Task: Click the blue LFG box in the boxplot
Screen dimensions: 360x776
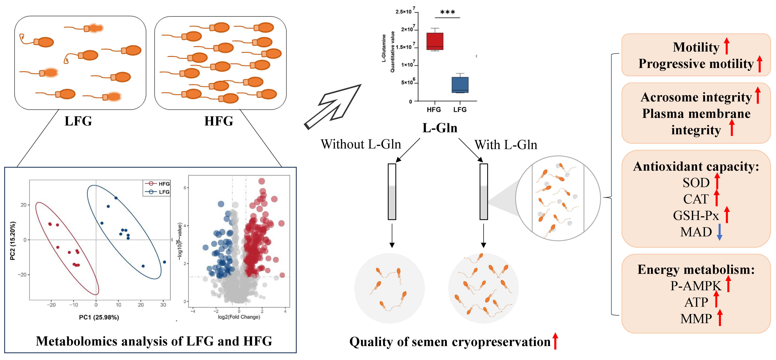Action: point(460,85)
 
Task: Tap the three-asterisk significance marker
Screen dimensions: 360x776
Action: point(447,12)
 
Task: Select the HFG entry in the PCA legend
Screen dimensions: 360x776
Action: point(158,183)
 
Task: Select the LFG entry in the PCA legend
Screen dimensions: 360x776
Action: point(158,192)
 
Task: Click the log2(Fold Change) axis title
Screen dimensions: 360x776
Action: point(239,317)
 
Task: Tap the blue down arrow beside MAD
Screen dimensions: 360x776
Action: point(719,232)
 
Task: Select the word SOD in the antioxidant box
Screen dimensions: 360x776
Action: point(696,183)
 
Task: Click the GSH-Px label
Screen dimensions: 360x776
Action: point(696,216)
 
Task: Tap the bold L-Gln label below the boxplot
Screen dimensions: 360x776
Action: point(440,128)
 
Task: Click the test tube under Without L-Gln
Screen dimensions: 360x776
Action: point(392,192)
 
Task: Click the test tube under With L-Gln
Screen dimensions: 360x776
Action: point(484,192)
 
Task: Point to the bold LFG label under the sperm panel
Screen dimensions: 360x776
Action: point(78,121)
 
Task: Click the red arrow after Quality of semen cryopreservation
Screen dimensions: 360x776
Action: point(555,341)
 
